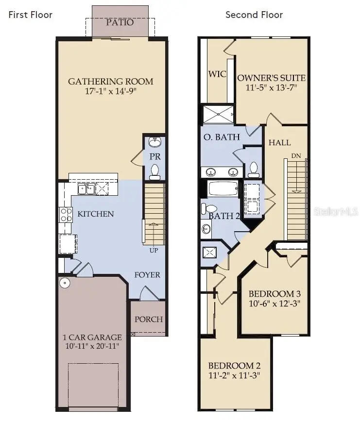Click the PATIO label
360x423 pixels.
(120, 22)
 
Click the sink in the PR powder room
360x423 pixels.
(155, 142)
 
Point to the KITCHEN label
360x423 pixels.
(96, 214)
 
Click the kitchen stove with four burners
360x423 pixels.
(65, 215)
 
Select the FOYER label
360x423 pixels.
(147, 275)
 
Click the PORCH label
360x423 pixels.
(149, 319)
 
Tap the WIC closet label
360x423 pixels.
(217, 74)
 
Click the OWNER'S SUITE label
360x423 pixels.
(271, 78)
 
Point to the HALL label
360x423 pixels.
(280, 142)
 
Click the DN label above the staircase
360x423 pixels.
(296, 156)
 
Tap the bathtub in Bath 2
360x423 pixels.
(223, 188)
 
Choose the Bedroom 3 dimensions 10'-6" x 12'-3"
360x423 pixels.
(274, 304)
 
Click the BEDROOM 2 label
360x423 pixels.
(231, 365)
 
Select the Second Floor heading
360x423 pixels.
(254, 15)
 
